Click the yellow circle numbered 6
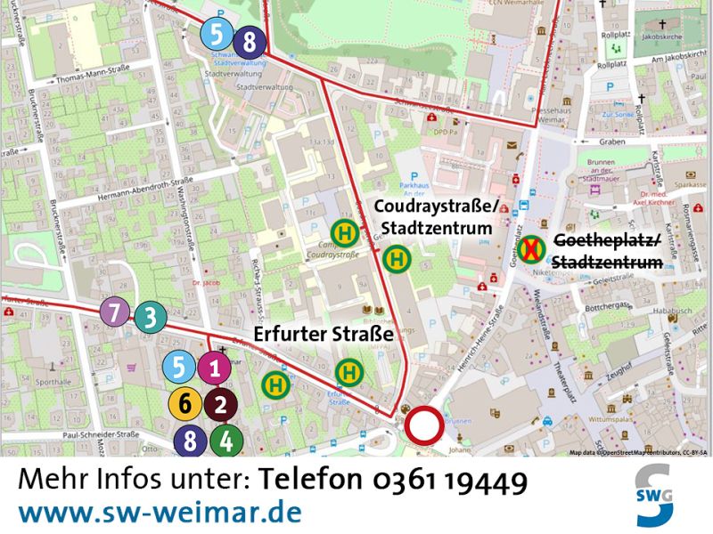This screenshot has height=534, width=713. click(x=184, y=404)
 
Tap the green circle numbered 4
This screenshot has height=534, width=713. click(x=226, y=440)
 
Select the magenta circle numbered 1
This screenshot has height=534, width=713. click(x=214, y=367)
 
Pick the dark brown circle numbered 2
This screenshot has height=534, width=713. click(x=219, y=404)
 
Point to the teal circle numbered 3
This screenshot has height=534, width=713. click(x=151, y=316)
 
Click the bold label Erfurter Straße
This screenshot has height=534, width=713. click(x=324, y=335)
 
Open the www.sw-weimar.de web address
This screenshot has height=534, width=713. click(x=160, y=514)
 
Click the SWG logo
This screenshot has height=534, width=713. click(x=656, y=496)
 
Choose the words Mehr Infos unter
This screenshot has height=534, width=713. click(x=135, y=481)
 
